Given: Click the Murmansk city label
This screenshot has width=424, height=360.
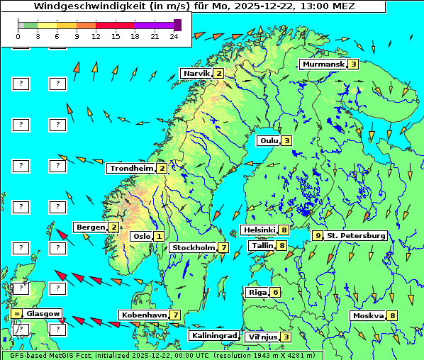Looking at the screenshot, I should (323, 64).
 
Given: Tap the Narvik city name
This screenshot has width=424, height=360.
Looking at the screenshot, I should (196, 74).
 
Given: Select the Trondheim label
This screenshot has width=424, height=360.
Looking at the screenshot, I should (131, 169).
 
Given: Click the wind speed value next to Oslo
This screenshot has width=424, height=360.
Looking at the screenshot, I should (159, 237).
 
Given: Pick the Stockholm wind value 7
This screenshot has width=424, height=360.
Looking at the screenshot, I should (223, 247).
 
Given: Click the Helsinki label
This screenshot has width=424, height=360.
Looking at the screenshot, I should (259, 230).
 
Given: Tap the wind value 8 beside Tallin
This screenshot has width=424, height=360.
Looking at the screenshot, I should (282, 246).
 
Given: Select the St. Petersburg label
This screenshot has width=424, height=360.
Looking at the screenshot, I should (356, 235).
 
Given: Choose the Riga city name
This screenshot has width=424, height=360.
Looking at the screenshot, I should (256, 293).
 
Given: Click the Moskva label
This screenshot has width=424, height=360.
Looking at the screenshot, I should (368, 315).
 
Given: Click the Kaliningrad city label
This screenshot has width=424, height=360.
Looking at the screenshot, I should (213, 335).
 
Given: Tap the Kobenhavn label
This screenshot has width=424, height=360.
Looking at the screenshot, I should (144, 315).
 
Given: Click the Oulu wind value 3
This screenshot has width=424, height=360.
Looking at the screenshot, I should (286, 140).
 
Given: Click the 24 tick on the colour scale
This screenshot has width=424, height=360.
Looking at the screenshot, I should (174, 35).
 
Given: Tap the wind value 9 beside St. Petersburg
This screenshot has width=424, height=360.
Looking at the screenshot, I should (318, 235).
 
